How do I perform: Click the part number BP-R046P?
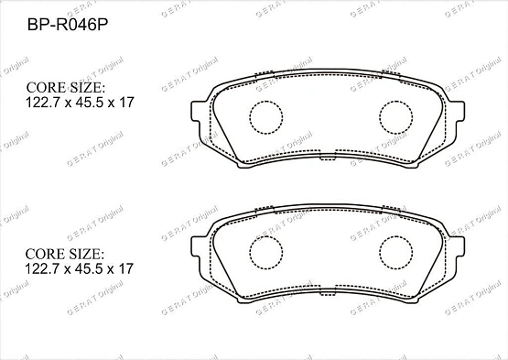tap(68, 25)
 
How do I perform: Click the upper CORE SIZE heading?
tap(66, 88)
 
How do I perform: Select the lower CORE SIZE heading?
tap(65, 254)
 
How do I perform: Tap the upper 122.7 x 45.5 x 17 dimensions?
tap(80, 103)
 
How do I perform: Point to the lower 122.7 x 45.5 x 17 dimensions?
tap(79, 269)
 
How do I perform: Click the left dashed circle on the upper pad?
tap(266, 101)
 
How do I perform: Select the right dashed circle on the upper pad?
tap(396, 101)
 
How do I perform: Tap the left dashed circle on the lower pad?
tap(266, 236)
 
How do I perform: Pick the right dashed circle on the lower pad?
tap(396, 236)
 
